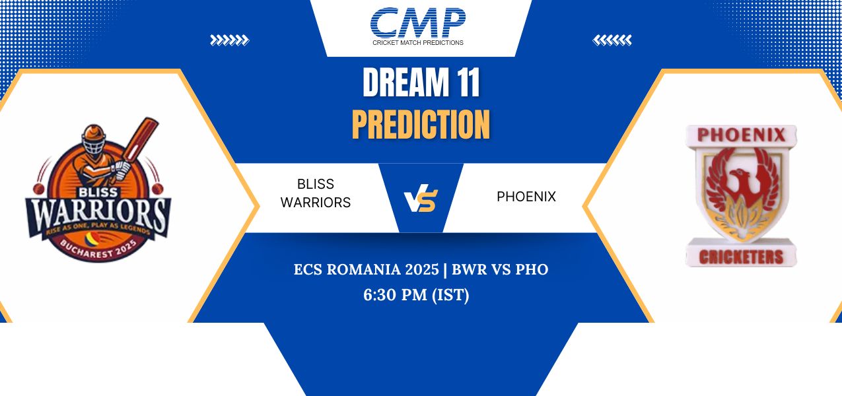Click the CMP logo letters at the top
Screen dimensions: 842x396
[417, 22]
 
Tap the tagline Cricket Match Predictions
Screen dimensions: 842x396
[417, 43]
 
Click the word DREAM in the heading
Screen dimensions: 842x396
[406, 82]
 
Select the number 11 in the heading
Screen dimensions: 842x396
[468, 82]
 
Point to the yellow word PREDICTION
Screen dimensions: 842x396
[421, 124]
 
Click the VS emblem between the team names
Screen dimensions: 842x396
[421, 198]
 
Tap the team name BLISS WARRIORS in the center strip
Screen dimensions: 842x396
[316, 193]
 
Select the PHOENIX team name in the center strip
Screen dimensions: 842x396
[526, 197]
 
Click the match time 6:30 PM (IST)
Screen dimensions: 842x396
[416, 295]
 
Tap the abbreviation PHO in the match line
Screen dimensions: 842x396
[532, 269]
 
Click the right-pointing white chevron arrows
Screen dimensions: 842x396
[229, 40]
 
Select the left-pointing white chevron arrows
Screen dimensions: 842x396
[612, 40]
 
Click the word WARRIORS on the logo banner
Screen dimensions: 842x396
[98, 215]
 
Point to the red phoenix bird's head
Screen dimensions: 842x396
[738, 176]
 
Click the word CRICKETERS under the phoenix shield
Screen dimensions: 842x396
[741, 257]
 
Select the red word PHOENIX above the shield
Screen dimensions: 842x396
[741, 135]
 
